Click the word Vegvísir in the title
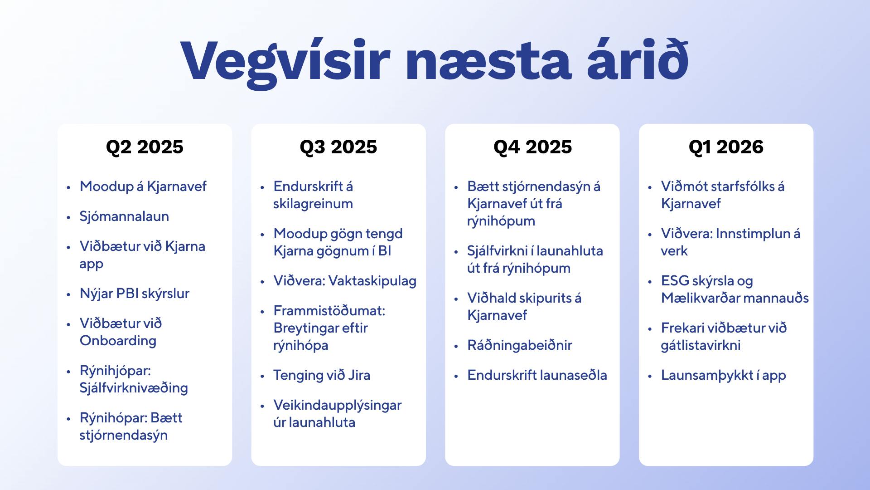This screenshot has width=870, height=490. (285, 61)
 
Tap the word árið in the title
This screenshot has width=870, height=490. (638, 59)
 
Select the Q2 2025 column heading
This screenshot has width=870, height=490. (145, 147)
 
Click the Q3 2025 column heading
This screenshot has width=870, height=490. (338, 147)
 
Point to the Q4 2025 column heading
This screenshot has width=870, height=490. (532, 147)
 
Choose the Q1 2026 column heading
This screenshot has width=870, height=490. (726, 147)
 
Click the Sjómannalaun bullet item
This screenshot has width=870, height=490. (124, 216)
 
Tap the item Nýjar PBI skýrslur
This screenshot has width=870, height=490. (135, 294)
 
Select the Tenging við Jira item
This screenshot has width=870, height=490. (322, 375)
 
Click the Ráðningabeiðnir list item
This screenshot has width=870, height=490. (520, 345)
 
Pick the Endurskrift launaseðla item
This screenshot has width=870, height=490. (537, 375)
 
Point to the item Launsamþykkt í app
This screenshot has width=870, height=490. (723, 375)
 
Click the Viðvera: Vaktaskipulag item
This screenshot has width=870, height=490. (345, 281)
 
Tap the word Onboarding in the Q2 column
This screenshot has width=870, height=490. (118, 341)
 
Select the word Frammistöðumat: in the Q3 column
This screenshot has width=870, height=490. (329, 311)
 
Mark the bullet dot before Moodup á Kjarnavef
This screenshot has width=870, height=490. (69, 187)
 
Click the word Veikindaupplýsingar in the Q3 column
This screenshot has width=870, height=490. (338, 405)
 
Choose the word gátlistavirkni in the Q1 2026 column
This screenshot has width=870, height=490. (701, 345)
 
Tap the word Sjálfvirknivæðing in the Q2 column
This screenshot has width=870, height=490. (134, 388)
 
